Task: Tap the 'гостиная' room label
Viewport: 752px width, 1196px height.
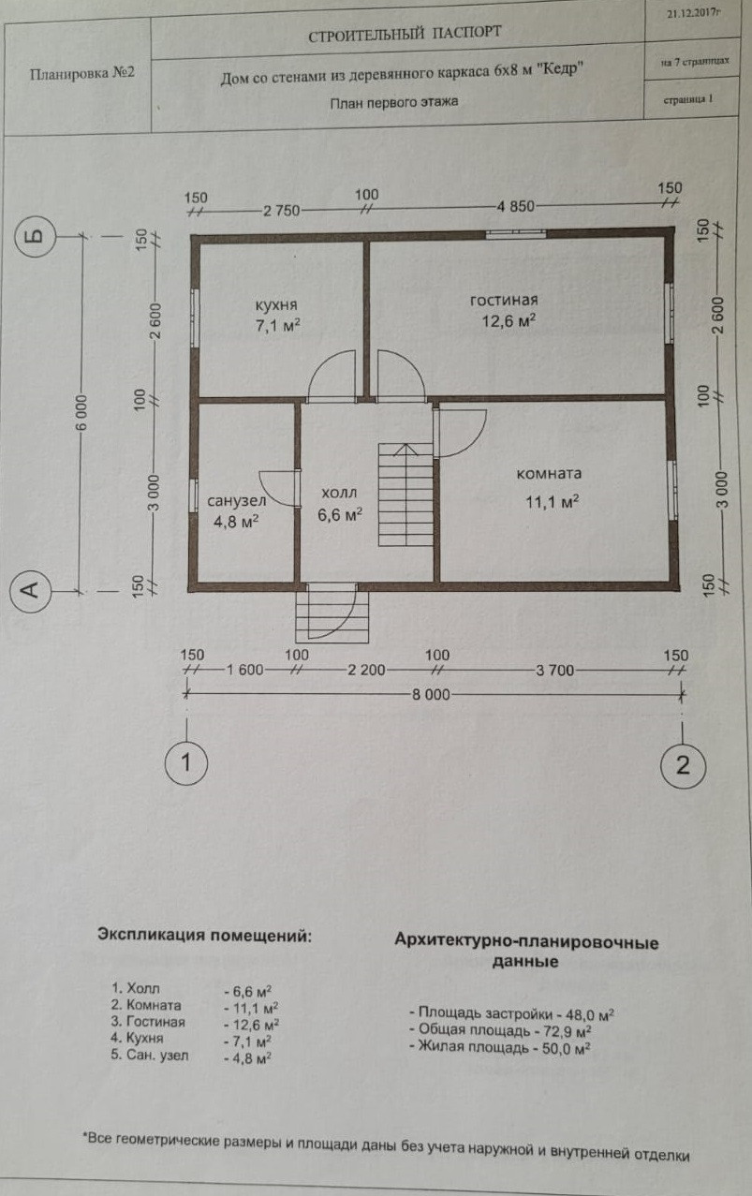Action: pos(503,300)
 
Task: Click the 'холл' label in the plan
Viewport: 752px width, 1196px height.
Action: pos(338,493)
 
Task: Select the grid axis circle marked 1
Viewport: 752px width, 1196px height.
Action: pos(187,762)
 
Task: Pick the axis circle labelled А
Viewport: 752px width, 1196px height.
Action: pos(30,589)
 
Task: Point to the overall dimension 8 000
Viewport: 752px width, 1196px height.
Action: pos(431,694)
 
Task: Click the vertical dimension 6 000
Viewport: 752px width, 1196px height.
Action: pos(81,413)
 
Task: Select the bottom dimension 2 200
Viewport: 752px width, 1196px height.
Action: pos(366,672)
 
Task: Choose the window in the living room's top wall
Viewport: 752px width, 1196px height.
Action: pos(514,232)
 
